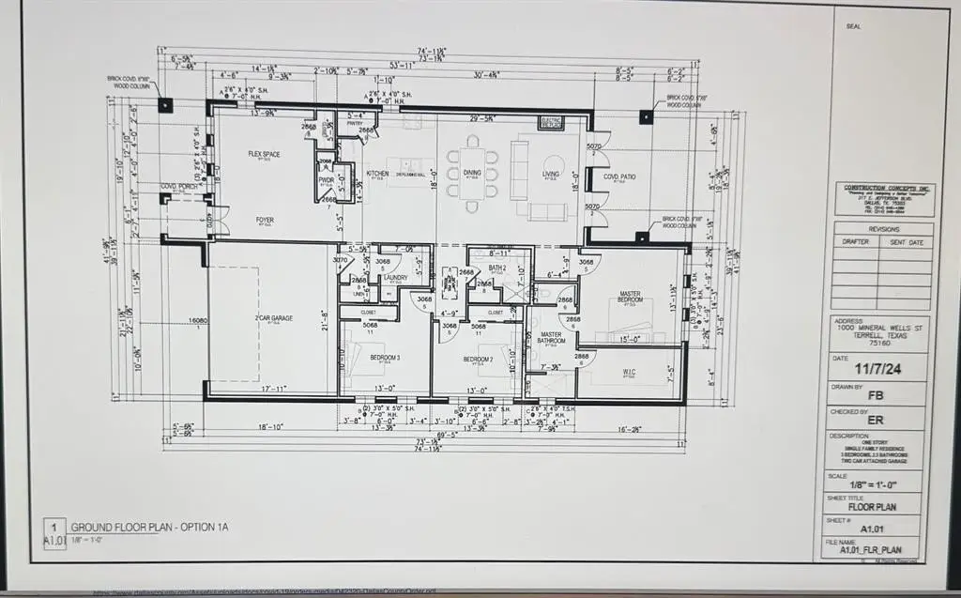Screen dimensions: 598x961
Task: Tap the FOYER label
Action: tap(266, 221)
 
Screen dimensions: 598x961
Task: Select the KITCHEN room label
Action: tap(377, 174)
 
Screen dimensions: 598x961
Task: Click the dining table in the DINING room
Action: tap(471, 173)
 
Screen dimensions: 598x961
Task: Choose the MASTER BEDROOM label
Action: tap(631, 299)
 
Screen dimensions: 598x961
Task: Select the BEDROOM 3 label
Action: tap(385, 359)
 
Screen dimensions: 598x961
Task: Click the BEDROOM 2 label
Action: tap(478, 359)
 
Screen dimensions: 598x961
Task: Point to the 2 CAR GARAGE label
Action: tap(273, 318)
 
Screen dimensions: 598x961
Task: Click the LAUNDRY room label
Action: tap(394, 278)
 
